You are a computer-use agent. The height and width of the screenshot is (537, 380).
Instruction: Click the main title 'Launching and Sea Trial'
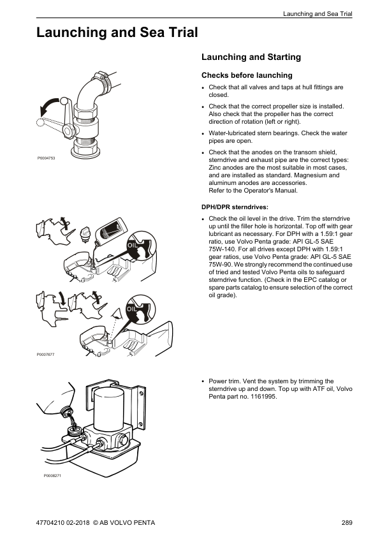tap(117, 33)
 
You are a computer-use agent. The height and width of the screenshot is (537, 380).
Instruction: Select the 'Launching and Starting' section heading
tap(251, 57)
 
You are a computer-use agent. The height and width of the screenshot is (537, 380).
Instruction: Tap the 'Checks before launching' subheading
tap(247, 75)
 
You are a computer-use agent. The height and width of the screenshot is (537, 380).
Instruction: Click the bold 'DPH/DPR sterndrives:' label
tap(235, 207)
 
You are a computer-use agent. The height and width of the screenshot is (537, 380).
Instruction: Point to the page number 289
tap(347, 522)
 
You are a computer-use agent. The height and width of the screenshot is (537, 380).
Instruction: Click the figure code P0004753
tap(46, 158)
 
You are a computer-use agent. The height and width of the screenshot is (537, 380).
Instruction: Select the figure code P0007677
tap(45, 355)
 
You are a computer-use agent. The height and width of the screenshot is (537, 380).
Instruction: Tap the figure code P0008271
tap(52, 476)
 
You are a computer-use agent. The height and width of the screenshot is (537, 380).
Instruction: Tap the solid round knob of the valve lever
tap(64, 101)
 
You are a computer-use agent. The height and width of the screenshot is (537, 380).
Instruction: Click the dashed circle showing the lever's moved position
tap(40, 122)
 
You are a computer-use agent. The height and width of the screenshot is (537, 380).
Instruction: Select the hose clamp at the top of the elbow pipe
tap(103, 79)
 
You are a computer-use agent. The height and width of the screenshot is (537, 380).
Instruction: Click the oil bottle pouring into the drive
tap(109, 230)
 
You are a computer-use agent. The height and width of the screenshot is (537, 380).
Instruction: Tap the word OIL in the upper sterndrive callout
tap(132, 245)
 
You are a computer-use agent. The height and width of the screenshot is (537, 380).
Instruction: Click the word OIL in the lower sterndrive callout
tap(132, 309)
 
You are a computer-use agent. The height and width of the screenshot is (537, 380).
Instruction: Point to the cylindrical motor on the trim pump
tap(108, 408)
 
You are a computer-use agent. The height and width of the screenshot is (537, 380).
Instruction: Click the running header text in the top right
tap(318, 14)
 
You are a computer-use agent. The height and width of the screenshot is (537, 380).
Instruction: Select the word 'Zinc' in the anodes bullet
tap(215, 168)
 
